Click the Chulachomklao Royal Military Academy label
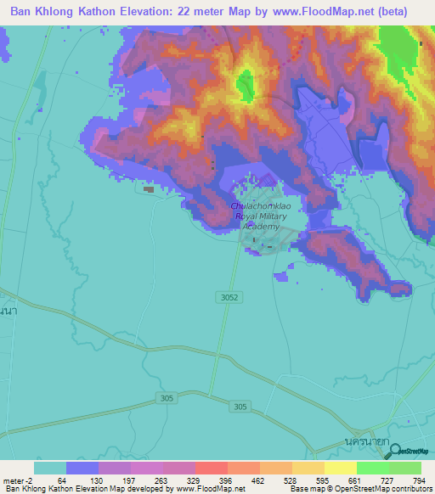coord(260,216)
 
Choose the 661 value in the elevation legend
coord(356,480)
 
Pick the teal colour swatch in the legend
coord(49,468)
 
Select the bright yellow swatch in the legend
coord(340,468)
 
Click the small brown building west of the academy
coord(150,189)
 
